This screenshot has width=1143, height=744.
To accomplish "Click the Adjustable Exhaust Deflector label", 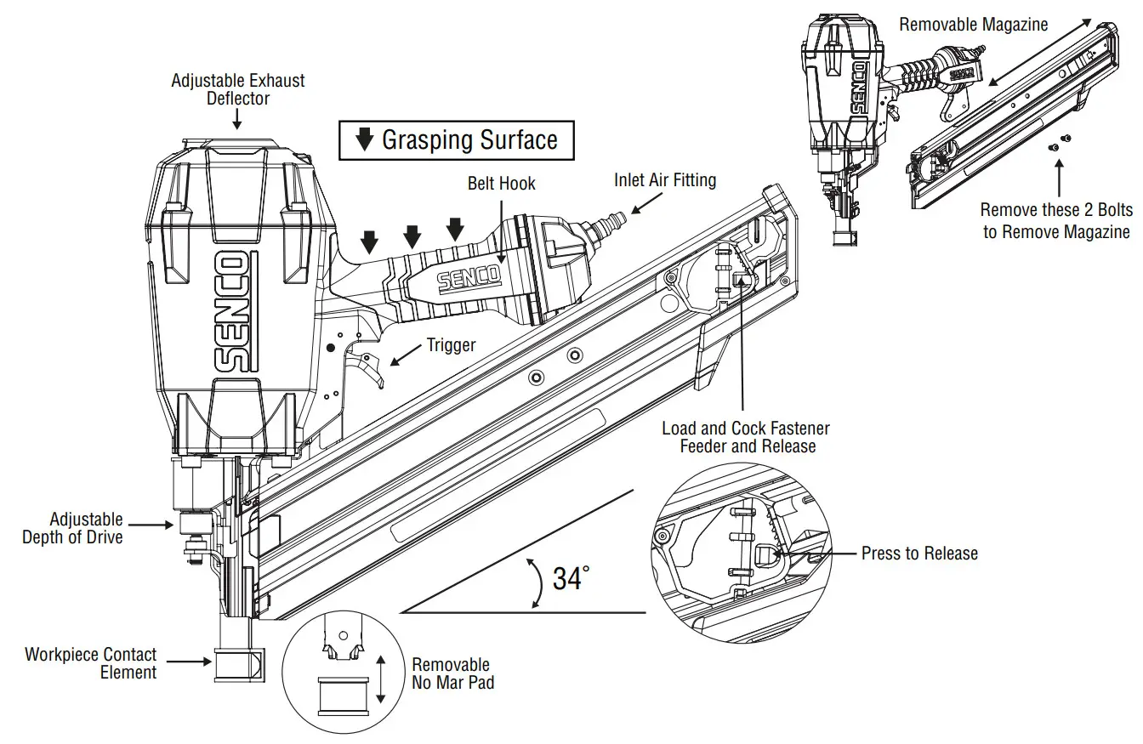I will pos(237,89).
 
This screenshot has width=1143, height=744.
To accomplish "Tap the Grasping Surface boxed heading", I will pos(457,140).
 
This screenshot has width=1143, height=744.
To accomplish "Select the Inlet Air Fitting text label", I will pos(665,180).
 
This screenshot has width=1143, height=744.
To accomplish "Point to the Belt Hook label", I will pos(502,184).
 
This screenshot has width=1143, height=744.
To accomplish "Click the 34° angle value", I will pos(571,579).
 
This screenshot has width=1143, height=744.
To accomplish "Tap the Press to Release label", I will pos(919,554).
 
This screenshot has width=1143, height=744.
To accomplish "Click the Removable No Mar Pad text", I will pos(452,673).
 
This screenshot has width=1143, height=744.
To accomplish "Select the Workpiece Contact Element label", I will pos(91,663).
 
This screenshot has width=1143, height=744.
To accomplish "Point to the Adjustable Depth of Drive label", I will pos(73,527).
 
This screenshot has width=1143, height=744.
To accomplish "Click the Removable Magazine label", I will pos(974,25).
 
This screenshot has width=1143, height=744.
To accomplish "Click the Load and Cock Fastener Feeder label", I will pos(745,437).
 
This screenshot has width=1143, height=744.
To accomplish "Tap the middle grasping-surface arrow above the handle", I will pos(412,235).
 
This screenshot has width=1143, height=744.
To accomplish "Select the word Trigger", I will pos(452,344).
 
